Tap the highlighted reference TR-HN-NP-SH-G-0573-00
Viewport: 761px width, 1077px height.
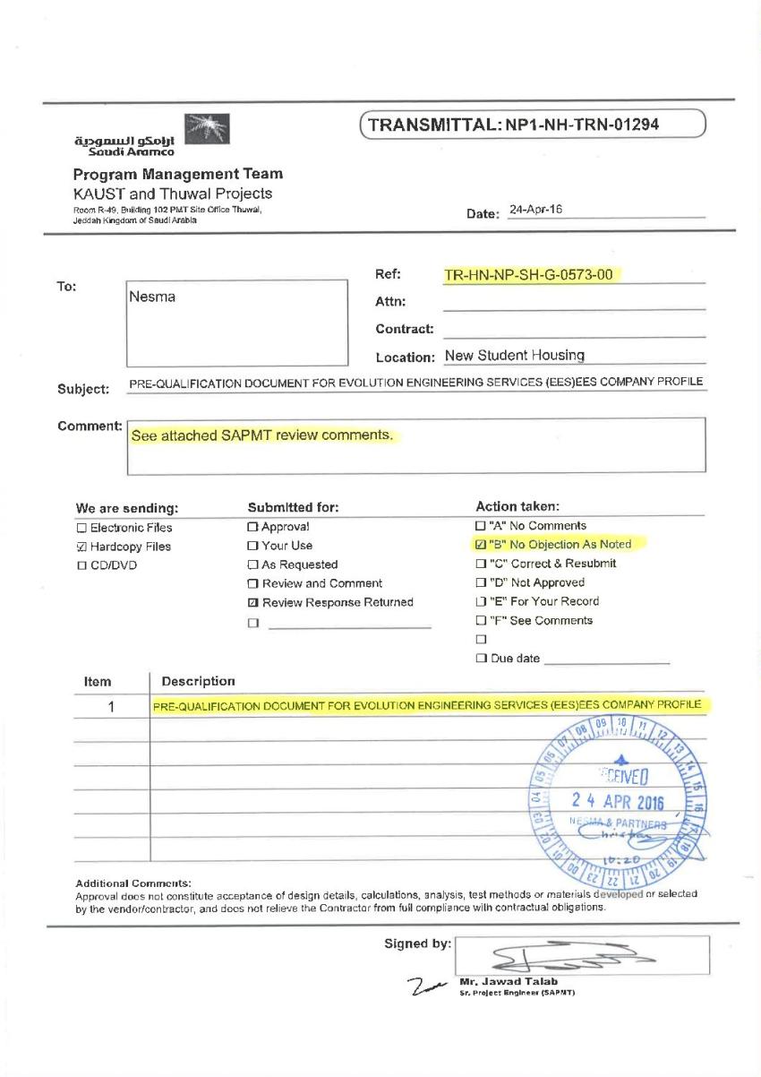529,274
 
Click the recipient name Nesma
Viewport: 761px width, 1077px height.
152,297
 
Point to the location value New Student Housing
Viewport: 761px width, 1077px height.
515,356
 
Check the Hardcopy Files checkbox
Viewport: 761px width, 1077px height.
81,547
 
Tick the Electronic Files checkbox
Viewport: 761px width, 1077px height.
81,528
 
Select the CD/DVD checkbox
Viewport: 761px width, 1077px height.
81,565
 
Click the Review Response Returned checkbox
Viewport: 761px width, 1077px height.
252,603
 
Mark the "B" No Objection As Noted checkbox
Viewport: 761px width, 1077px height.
481,545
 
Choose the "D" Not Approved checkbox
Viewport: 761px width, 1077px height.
481,582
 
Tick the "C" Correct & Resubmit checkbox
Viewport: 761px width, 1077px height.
481,564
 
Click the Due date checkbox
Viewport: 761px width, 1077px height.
481,659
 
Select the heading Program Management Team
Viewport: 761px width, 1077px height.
177,174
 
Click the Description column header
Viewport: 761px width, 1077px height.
198,683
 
